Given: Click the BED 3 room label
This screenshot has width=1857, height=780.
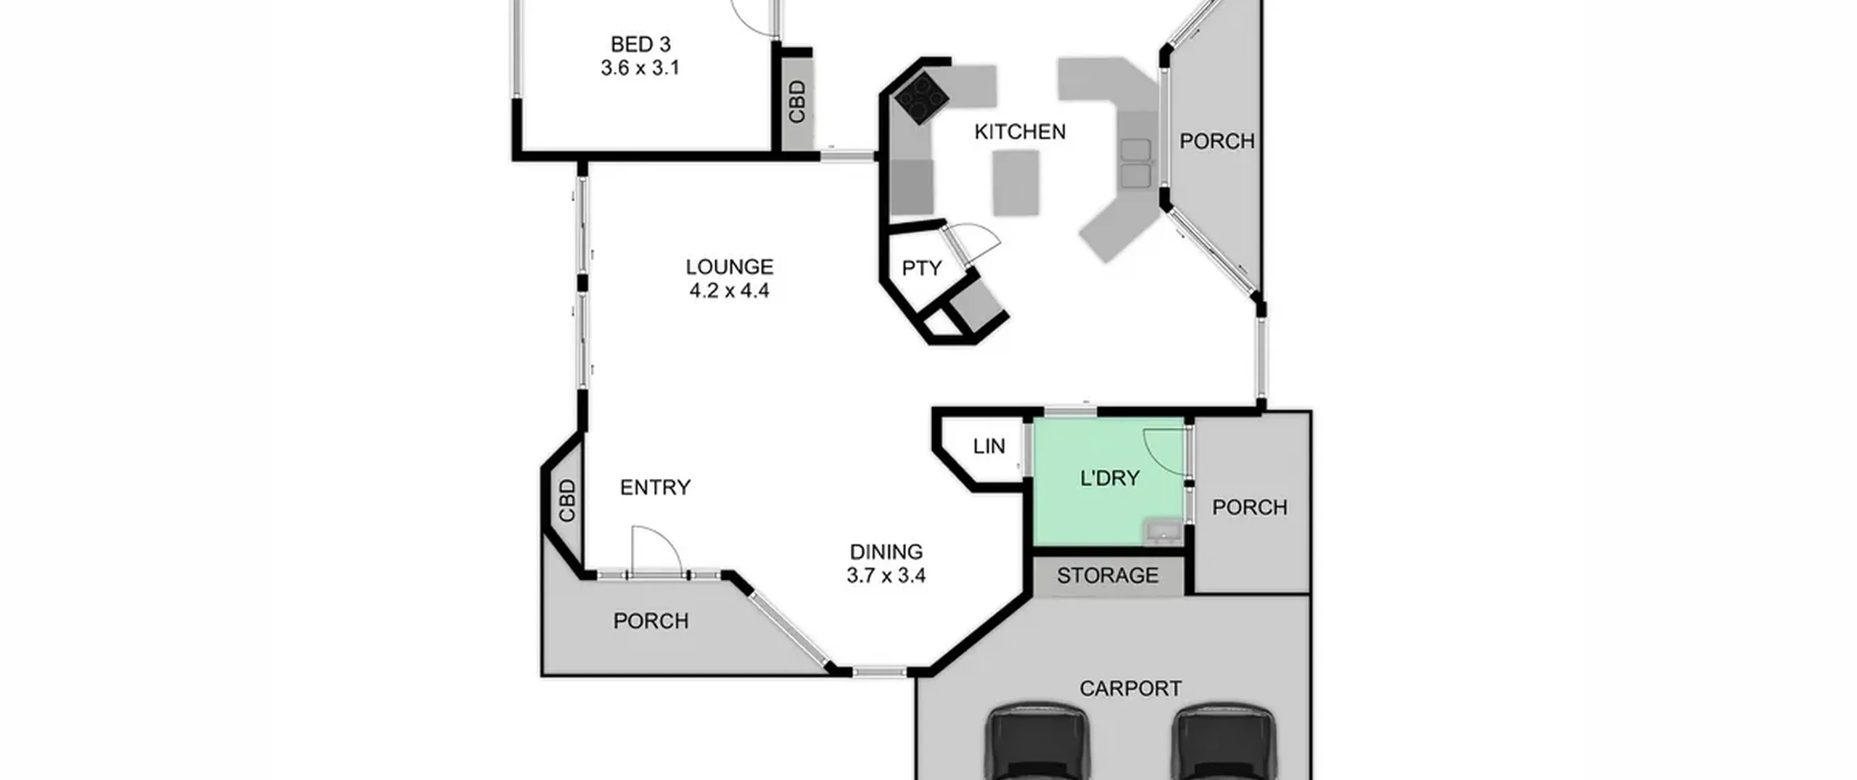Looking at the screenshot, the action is [640, 44].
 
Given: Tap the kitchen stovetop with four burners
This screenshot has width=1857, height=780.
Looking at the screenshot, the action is [921, 99].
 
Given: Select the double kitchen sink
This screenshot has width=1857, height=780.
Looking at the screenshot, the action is [1135, 163].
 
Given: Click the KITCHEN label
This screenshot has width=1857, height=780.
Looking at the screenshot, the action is [1020, 132].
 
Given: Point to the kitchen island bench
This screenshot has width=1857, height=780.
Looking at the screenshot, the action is [1016, 183].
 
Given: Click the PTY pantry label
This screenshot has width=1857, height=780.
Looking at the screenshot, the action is [921, 268].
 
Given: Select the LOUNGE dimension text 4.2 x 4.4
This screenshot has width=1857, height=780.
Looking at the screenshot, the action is [729, 291].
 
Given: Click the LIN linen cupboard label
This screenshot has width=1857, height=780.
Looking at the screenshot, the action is [989, 446].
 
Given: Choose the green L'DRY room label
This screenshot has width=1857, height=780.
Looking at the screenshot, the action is [1110, 478].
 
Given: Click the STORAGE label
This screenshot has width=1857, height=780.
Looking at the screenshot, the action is [1107, 575].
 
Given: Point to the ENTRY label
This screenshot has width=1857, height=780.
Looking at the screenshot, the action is [655, 488].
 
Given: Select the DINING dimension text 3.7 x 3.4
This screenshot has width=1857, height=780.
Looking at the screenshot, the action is [886, 576].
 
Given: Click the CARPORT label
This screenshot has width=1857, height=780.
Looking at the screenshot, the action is [1130, 689].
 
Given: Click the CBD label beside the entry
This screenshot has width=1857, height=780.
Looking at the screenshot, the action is [567, 501].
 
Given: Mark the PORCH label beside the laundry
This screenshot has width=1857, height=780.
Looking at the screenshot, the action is [1249, 507].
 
